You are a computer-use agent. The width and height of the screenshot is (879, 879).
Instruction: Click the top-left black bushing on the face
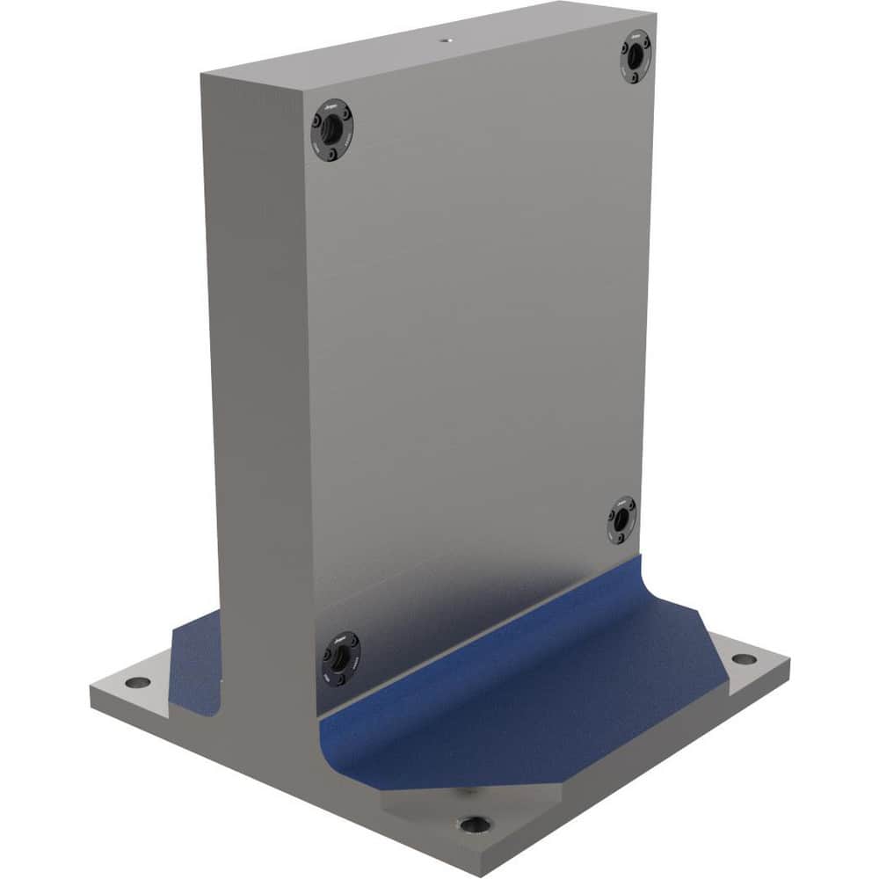pos(331,130)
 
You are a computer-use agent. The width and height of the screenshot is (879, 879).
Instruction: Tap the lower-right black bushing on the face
pos(621,519)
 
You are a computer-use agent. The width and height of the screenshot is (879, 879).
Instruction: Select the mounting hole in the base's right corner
pos(744,658)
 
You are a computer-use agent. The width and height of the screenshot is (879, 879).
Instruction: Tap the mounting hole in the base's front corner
pos(474,825)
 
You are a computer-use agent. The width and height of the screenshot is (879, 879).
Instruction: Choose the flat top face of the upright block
pos(422,44)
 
